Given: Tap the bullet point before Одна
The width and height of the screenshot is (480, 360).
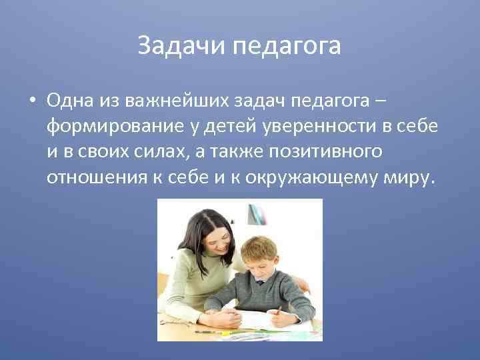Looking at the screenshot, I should pyautogui.click(x=31, y=100).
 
